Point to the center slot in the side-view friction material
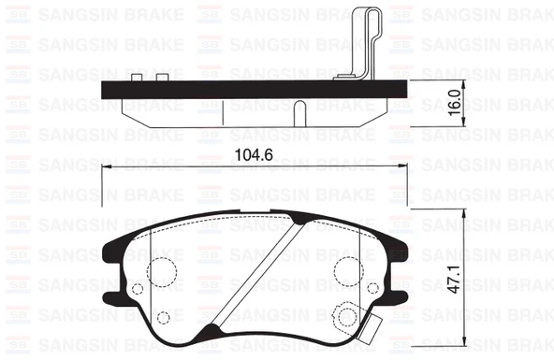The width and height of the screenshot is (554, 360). pyautogui.click(x=299, y=111)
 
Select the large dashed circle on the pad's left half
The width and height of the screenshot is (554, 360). pyautogui.click(x=164, y=269)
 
